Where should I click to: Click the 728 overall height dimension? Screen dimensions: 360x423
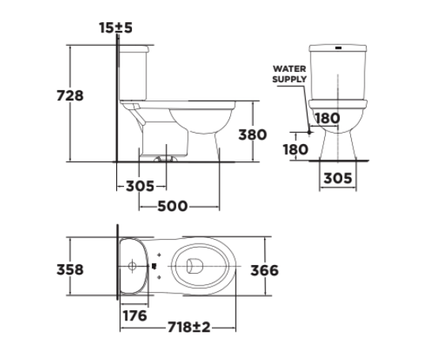tap(70, 95)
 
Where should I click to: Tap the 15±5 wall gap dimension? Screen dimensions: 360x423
tap(116, 28)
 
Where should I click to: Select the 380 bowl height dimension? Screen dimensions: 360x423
tap(253, 135)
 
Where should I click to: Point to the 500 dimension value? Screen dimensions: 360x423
tap(172, 207)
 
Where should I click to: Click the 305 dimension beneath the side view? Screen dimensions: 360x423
tap(140, 187)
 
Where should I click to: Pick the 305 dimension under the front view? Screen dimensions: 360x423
tap(338, 180)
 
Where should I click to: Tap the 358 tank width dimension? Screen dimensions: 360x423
tap(70, 270)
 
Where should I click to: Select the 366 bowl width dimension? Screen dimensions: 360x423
tap(264, 271)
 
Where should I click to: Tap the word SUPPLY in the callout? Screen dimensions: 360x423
tap(289, 79)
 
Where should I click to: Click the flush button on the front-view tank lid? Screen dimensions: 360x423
tap(339, 47)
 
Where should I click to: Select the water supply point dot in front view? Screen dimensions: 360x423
tap(310, 132)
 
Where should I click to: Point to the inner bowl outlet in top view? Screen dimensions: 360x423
tap(193, 269)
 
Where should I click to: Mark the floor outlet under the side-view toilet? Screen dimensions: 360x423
tap(167, 158)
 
